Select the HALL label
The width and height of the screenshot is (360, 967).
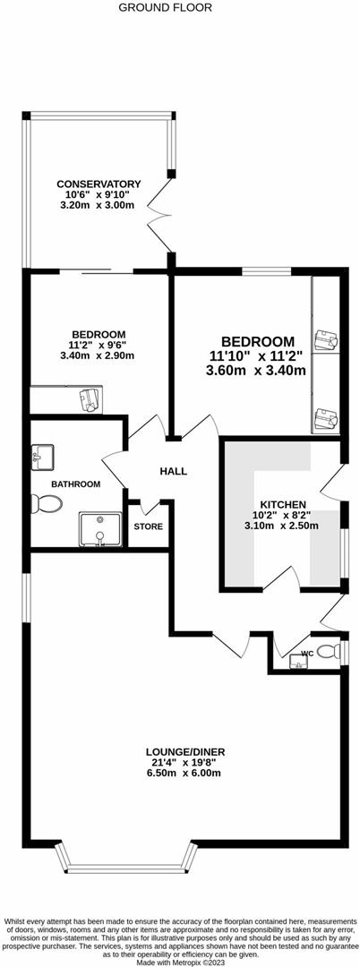point(173,471)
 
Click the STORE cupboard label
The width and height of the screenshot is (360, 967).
point(148,526)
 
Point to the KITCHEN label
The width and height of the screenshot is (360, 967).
point(283,504)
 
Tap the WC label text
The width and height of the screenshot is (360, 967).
point(306,653)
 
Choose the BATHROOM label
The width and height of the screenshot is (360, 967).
point(75,483)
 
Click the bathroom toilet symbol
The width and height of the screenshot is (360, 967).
point(45,504)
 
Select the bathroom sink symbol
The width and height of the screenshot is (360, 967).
point(41,457)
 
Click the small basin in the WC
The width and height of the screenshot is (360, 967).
point(299,663)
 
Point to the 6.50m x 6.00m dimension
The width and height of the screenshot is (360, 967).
point(182,775)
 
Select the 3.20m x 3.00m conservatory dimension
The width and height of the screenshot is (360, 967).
point(98,206)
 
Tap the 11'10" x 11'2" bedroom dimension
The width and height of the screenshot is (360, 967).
point(256,355)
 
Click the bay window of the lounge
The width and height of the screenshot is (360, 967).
point(124,860)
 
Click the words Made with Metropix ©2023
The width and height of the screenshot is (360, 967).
point(179,962)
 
